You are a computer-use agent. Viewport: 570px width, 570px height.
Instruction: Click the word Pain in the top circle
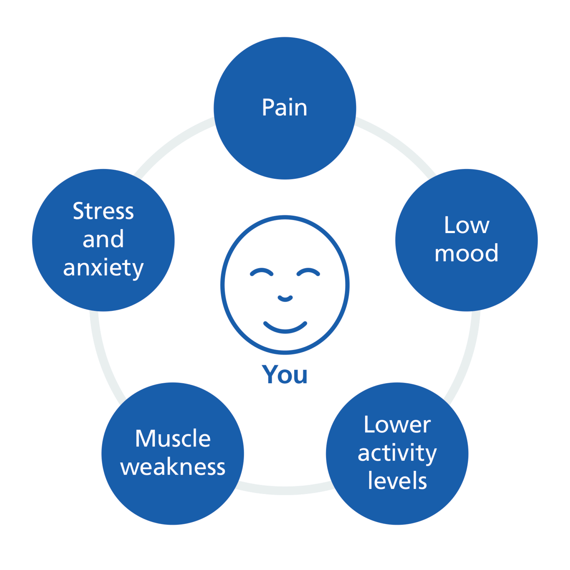point(284,107)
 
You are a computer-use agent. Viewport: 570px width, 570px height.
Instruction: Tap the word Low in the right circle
point(466,225)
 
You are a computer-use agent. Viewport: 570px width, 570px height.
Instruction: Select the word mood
point(466,253)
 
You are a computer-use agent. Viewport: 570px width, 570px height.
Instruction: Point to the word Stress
point(103,211)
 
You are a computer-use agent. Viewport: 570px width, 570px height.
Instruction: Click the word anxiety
point(103,268)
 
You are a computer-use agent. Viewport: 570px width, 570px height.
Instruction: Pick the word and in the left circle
point(103,239)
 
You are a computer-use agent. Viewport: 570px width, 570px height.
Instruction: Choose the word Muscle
point(173,438)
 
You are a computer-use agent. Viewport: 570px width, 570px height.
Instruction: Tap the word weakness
point(173,467)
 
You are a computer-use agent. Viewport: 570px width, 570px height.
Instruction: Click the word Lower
point(397,425)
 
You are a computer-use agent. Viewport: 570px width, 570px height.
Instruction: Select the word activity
point(397,454)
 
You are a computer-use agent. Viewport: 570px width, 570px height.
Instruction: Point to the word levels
point(397,481)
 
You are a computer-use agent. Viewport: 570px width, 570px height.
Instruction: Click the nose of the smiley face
point(285,298)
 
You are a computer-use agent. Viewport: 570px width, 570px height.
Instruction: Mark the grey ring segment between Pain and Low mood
point(398,142)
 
